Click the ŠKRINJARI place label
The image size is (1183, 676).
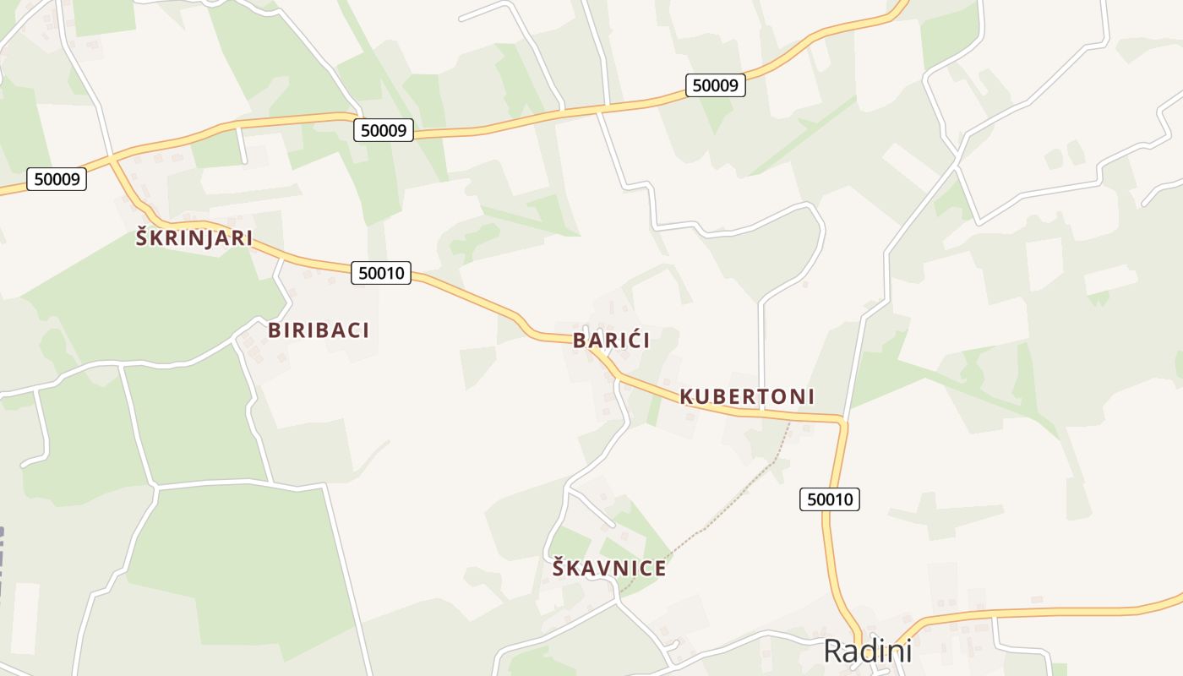tap(194, 238)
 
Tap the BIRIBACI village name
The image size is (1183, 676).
tap(319, 330)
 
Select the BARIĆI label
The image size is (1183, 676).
tap(611, 341)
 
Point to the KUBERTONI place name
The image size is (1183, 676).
tap(747, 396)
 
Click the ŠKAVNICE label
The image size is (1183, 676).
tap(609, 569)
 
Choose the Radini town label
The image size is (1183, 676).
tap(867, 651)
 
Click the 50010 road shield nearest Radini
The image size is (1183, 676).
tap(829, 499)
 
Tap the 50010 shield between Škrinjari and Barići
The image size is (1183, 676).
tap(380, 273)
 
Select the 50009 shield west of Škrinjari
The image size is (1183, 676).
tap(57, 179)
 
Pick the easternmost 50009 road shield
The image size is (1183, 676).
tap(715, 84)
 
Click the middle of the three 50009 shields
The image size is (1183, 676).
tap(383, 130)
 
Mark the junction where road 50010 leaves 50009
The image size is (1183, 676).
tap(112, 157)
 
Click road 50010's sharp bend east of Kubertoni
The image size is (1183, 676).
tap(842, 420)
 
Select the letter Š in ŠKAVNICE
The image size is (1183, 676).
tap(559, 568)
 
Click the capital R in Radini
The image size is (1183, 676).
tap(835, 651)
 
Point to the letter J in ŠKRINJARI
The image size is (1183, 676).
tap(207, 238)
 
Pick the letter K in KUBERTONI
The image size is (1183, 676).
tap(687, 396)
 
